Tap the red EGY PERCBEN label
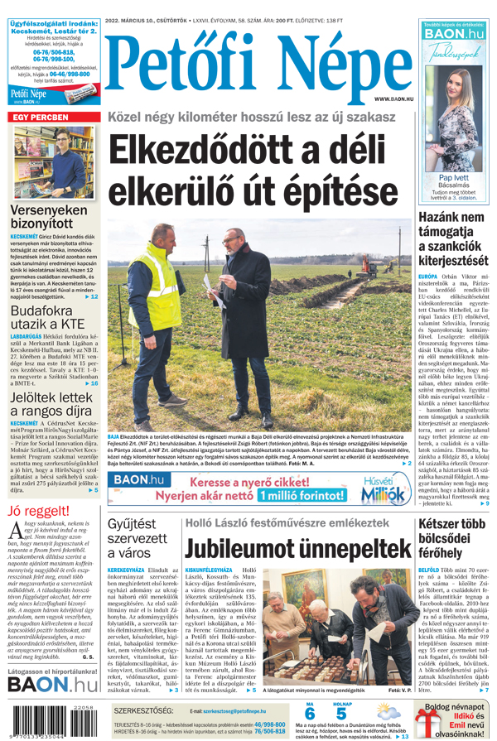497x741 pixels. (41, 118)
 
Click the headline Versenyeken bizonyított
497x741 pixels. (48, 216)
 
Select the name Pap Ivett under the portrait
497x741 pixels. (452, 178)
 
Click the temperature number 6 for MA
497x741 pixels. (310, 715)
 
